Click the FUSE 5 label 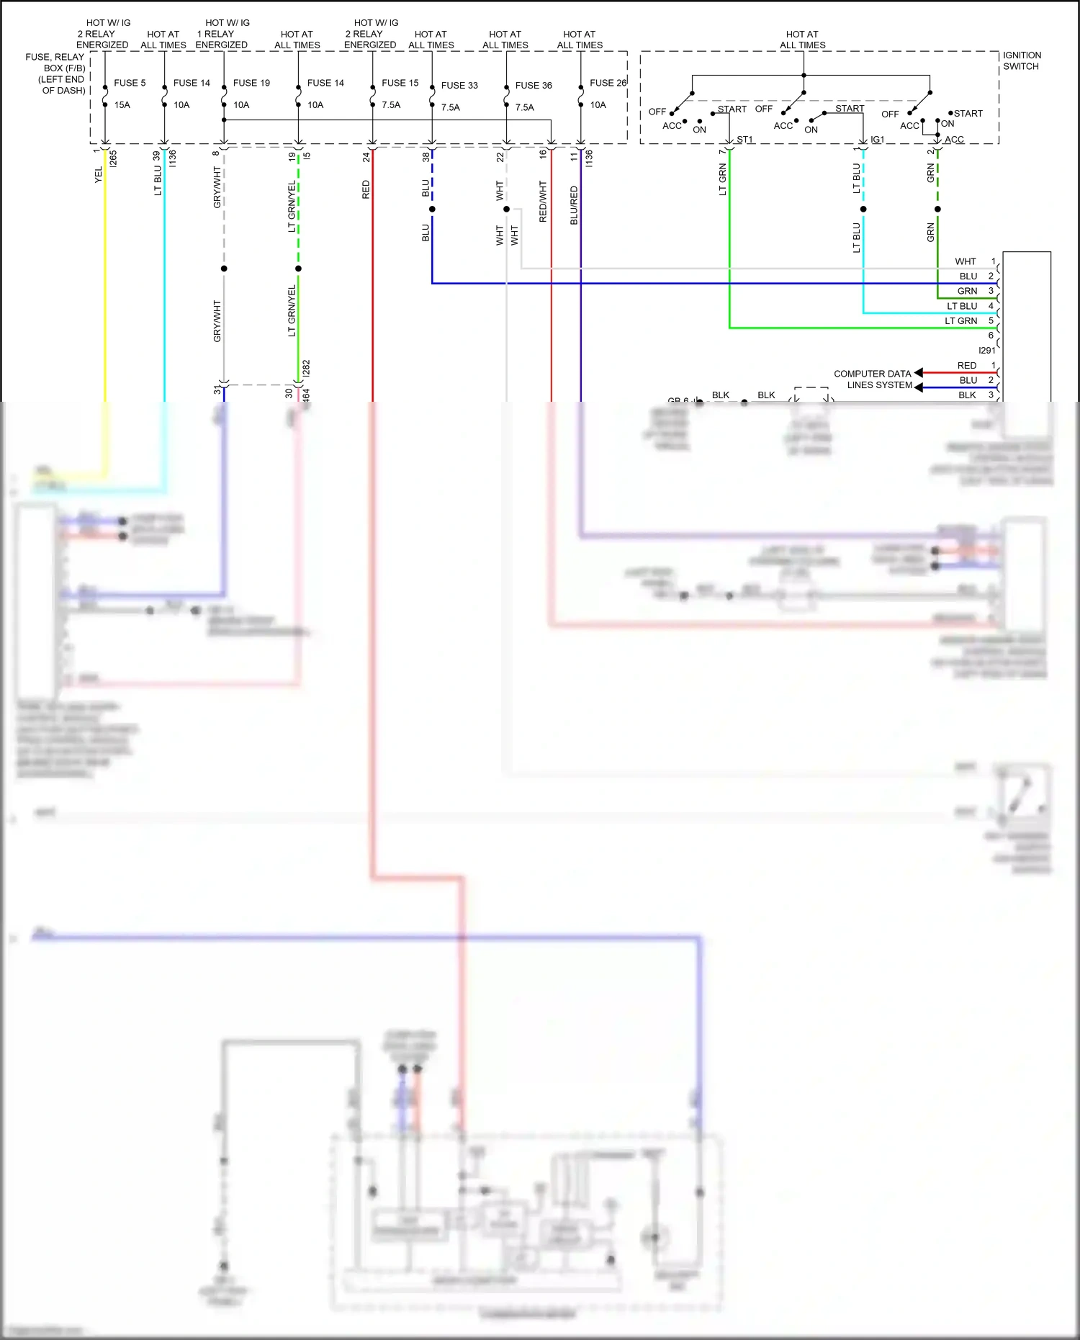coord(130,83)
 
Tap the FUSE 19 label coord(251,83)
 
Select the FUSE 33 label coord(459,85)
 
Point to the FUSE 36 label coord(534,85)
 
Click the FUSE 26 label coord(608,83)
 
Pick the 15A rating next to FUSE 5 coord(122,105)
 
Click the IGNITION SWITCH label coord(1022,60)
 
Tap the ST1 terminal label coord(744,140)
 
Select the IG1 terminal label coord(877,140)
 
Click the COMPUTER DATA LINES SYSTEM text coord(873,379)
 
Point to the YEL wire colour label coord(99,175)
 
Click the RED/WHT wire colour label coord(543,202)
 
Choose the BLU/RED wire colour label coord(574,205)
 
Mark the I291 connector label coord(986,351)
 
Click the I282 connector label coord(306,368)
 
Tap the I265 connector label coord(113,158)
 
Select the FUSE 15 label coord(400,83)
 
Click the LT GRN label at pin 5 coord(960,321)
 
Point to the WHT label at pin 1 coord(965,261)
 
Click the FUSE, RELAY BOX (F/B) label coord(55,73)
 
